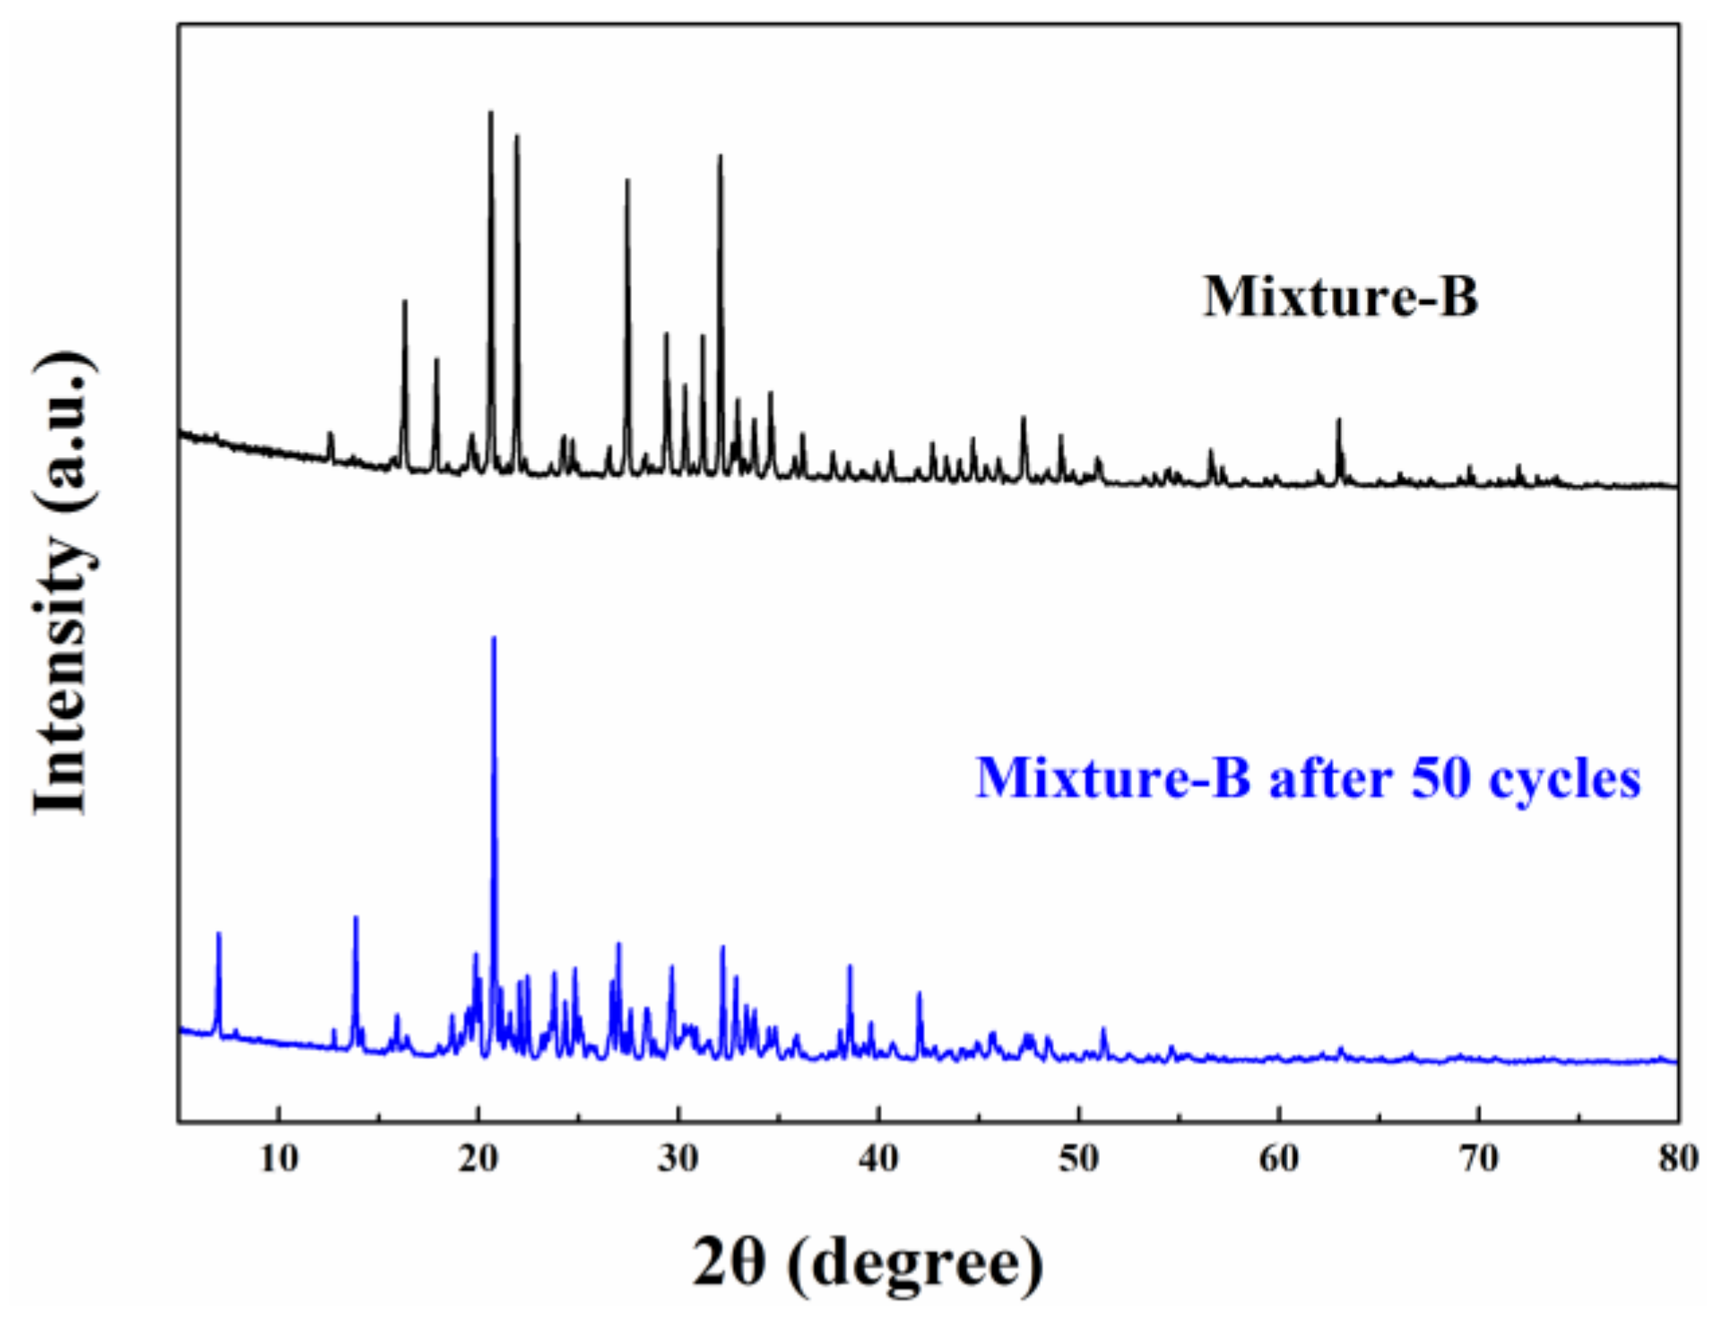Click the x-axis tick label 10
(x=279, y=1159)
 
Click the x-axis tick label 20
(x=479, y=1159)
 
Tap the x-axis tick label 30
(x=679, y=1159)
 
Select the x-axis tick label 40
(x=878, y=1159)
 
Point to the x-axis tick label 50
(x=1078, y=1159)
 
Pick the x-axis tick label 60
(x=1278, y=1159)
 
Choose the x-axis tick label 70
(x=1478, y=1159)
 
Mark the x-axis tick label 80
(x=1677, y=1159)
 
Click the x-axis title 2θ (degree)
(x=868, y=1262)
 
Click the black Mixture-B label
(x=1340, y=297)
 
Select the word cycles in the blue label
(x=1564, y=778)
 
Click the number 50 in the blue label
(x=1441, y=778)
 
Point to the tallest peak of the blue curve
(x=494, y=638)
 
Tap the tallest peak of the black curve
(x=490, y=113)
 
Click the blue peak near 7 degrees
(x=219, y=935)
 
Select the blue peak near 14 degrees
(x=356, y=918)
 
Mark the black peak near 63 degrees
(x=1339, y=420)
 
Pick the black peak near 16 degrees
(x=404, y=302)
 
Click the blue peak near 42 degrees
(x=919, y=994)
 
